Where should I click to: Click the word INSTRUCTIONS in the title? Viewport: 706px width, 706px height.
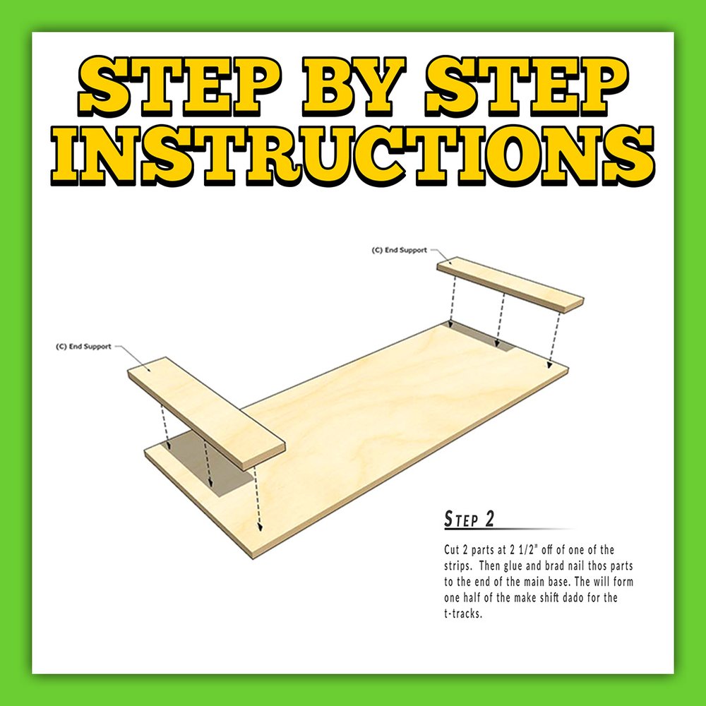click(x=353, y=155)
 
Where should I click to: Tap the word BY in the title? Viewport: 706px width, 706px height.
click(x=354, y=87)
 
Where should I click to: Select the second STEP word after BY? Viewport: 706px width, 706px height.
click(x=527, y=87)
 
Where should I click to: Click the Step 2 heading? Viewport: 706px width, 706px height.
click(x=469, y=519)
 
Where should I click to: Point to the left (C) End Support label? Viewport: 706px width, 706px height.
click(x=83, y=346)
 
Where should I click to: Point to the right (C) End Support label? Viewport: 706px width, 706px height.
click(x=399, y=250)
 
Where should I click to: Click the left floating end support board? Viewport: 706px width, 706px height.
click(x=207, y=413)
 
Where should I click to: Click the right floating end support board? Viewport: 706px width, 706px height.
click(x=510, y=285)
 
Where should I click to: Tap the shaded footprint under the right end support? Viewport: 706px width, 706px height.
click(x=479, y=336)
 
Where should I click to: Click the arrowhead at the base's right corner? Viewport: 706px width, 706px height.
click(x=549, y=365)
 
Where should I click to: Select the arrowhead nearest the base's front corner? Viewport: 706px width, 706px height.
click(x=259, y=527)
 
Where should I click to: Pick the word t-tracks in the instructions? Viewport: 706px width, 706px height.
click(x=463, y=614)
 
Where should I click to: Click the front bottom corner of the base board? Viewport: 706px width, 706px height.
click(x=253, y=558)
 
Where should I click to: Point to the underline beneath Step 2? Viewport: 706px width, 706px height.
click(x=510, y=529)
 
